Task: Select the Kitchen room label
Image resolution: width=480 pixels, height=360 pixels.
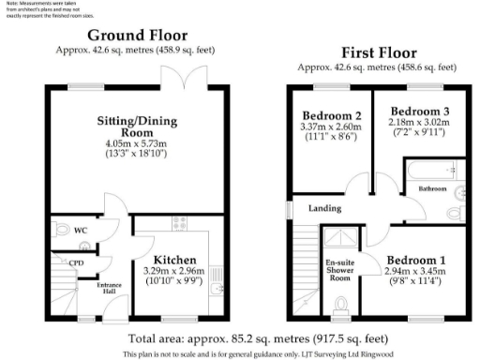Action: (174, 260)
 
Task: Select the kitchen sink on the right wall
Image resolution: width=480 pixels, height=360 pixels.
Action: (216, 288)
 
